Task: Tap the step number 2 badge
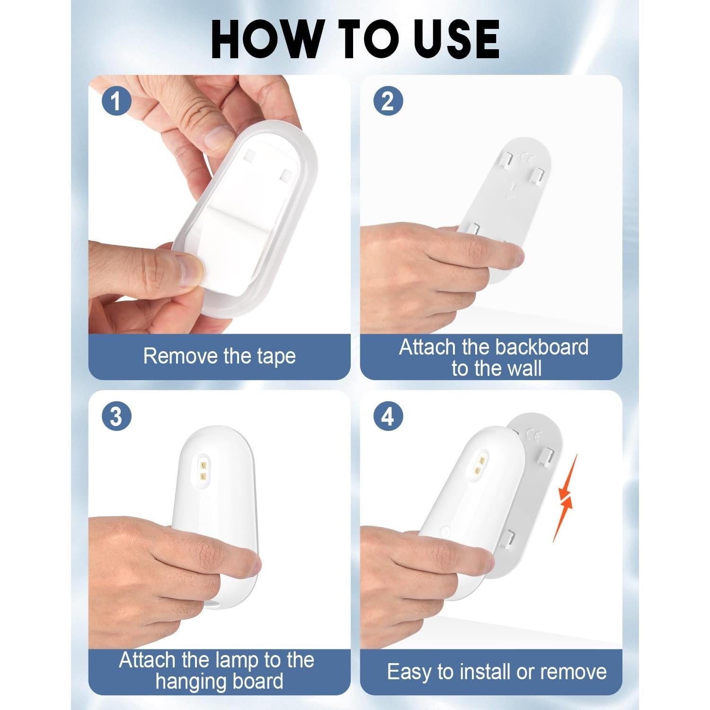(388, 101)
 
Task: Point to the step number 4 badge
(388, 417)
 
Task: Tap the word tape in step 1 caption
(276, 356)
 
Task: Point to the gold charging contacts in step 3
(204, 469)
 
